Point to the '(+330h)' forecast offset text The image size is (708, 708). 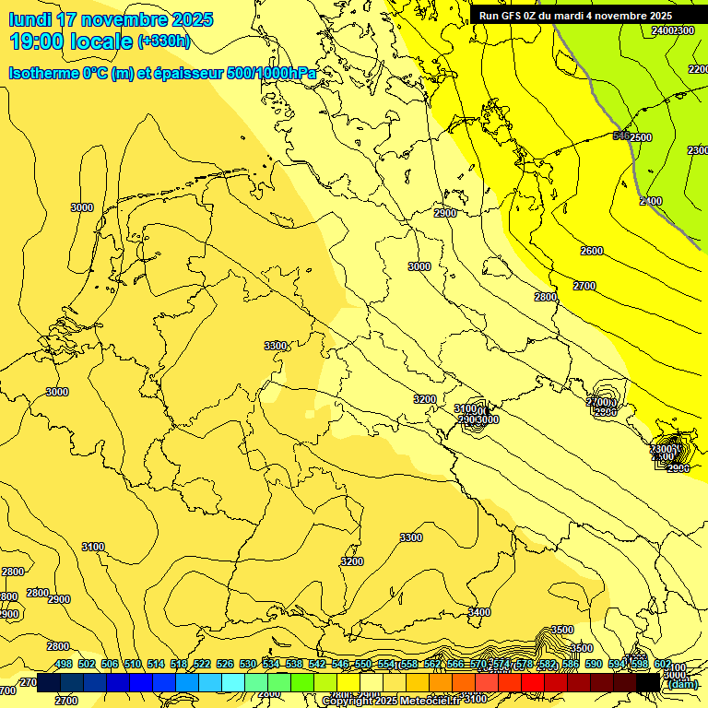pyautogui.click(x=163, y=41)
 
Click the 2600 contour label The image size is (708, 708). pyautogui.click(x=592, y=251)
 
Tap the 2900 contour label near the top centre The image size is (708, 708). pyautogui.click(x=445, y=213)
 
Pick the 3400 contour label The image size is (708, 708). pyautogui.click(x=479, y=612)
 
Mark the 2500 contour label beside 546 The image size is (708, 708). pyautogui.click(x=641, y=137)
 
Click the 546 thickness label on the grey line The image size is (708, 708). pyautogui.click(x=621, y=136)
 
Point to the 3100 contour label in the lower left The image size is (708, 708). pyautogui.click(x=92, y=547)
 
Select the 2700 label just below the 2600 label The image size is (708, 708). pyautogui.click(x=584, y=286)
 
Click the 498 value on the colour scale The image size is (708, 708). pyautogui.click(x=64, y=664)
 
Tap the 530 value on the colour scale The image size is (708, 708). pyautogui.click(x=248, y=664)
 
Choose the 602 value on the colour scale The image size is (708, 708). pyautogui.click(x=663, y=664)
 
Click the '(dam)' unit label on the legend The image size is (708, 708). pyautogui.click(x=682, y=684)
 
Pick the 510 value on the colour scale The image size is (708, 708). pyautogui.click(x=133, y=664)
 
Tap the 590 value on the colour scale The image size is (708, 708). pyautogui.click(x=594, y=664)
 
